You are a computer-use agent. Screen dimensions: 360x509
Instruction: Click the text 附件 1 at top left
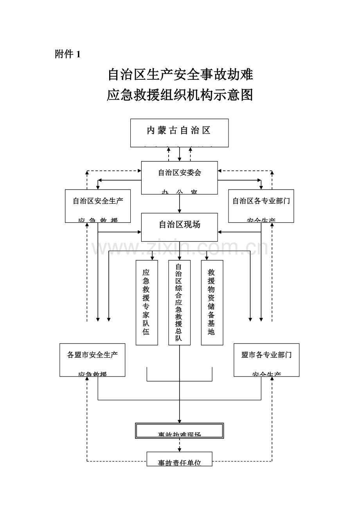(68, 54)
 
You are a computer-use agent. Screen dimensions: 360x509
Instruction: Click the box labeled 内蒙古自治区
(179, 133)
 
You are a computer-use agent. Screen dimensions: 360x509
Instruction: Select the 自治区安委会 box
(179, 177)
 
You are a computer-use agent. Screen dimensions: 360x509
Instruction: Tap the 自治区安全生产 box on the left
(98, 206)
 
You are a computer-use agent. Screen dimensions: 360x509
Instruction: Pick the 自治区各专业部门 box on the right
(261, 206)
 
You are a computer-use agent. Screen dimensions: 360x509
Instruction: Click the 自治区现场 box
(179, 227)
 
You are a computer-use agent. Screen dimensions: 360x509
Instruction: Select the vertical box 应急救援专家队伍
(146, 302)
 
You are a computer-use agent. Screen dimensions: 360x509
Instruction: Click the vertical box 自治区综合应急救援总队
(179, 302)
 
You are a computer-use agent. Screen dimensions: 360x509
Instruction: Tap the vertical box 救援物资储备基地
(212, 302)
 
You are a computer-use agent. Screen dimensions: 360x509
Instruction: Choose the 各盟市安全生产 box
(92, 360)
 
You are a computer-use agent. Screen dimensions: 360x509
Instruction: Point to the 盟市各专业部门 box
(266, 360)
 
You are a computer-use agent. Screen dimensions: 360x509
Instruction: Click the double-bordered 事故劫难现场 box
(179, 431)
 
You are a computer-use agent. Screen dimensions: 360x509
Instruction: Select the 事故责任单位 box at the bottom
(179, 459)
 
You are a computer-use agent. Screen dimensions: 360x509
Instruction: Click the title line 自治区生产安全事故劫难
(180, 74)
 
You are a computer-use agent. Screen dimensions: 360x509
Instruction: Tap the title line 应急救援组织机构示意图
(180, 95)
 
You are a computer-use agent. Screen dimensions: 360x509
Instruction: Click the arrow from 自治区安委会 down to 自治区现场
(180, 204)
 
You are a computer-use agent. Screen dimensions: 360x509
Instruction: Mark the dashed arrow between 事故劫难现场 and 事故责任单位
(180, 445)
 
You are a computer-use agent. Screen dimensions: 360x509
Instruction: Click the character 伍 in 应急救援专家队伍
(146, 332)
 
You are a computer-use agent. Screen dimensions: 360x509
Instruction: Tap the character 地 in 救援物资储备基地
(212, 332)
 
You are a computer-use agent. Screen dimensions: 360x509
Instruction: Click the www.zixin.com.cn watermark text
(180, 248)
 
